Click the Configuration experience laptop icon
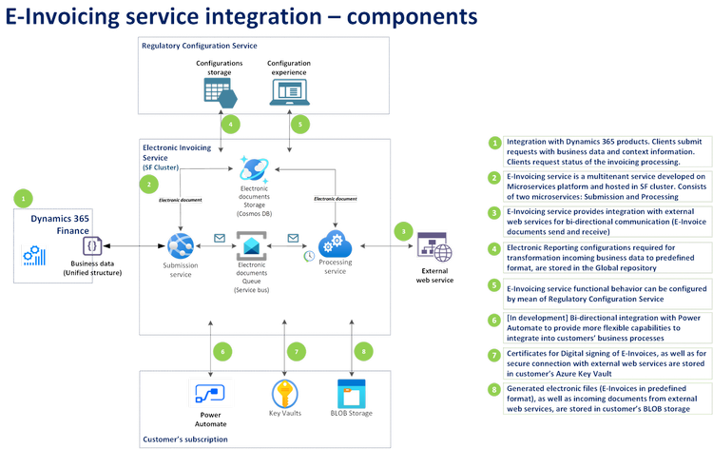288,90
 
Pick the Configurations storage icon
220,91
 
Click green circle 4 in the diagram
228,124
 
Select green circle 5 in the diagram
298,124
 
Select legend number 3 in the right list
494,212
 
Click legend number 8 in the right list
494,388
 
